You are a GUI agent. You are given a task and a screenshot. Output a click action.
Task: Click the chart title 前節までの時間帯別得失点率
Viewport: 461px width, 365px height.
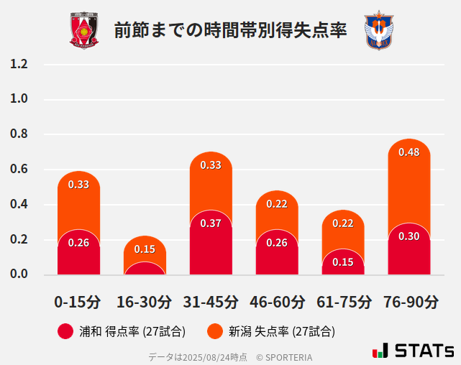tap(230, 30)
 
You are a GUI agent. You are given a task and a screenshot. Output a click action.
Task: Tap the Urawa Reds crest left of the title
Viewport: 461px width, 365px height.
tap(84, 30)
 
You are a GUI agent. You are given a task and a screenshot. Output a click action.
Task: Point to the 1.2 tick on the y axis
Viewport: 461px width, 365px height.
tap(19, 65)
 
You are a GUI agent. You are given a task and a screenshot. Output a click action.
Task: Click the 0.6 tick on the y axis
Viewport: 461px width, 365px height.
tap(19, 170)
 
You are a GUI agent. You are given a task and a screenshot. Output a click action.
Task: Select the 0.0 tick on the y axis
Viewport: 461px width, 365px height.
tap(19, 274)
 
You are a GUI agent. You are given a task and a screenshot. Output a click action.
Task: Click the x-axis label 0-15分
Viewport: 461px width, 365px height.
tap(78, 302)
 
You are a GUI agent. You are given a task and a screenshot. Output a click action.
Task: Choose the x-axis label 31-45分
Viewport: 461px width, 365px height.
tap(211, 302)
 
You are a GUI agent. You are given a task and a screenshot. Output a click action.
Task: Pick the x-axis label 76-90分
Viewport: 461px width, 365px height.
tap(409, 302)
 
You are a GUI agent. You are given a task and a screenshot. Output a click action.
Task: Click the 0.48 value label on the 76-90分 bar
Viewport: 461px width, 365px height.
tap(408, 152)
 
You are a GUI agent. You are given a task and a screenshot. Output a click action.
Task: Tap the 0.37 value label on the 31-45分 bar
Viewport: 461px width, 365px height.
tap(211, 223)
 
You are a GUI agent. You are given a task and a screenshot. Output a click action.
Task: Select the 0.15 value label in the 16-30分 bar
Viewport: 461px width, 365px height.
tap(145, 249)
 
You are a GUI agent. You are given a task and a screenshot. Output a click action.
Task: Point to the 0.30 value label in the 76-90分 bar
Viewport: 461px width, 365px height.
tap(408, 236)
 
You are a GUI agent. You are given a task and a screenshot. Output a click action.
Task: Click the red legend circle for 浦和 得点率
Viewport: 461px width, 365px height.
tap(65, 331)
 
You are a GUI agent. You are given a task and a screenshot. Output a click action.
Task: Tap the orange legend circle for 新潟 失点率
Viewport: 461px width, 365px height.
tap(214, 331)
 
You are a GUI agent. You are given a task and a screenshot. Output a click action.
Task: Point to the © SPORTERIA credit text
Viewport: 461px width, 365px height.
tap(284, 356)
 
